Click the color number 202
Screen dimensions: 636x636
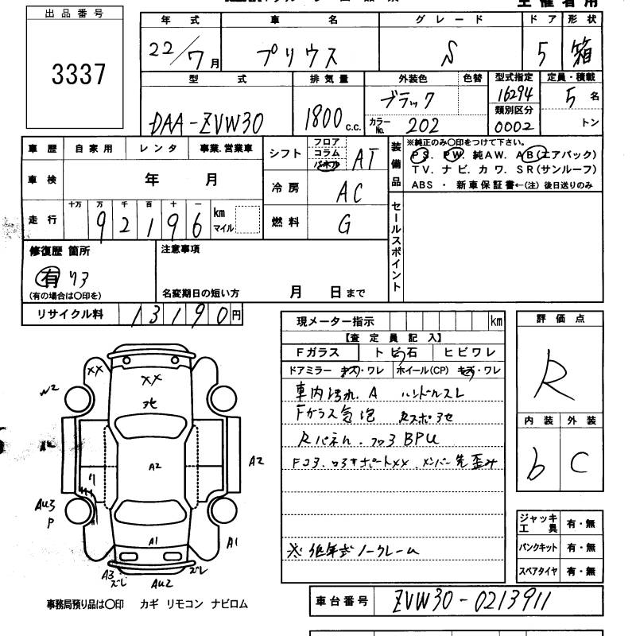coord(422,125)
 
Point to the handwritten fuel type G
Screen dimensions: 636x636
coord(344,226)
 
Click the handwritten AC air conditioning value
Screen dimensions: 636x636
coord(348,191)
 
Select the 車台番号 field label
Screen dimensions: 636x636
coord(340,602)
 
